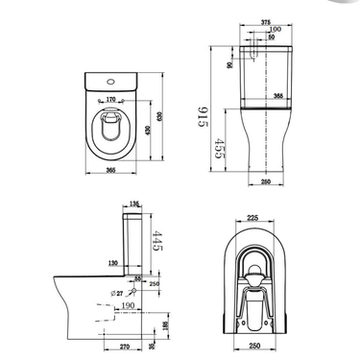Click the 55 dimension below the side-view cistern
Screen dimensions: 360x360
(138, 276)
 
